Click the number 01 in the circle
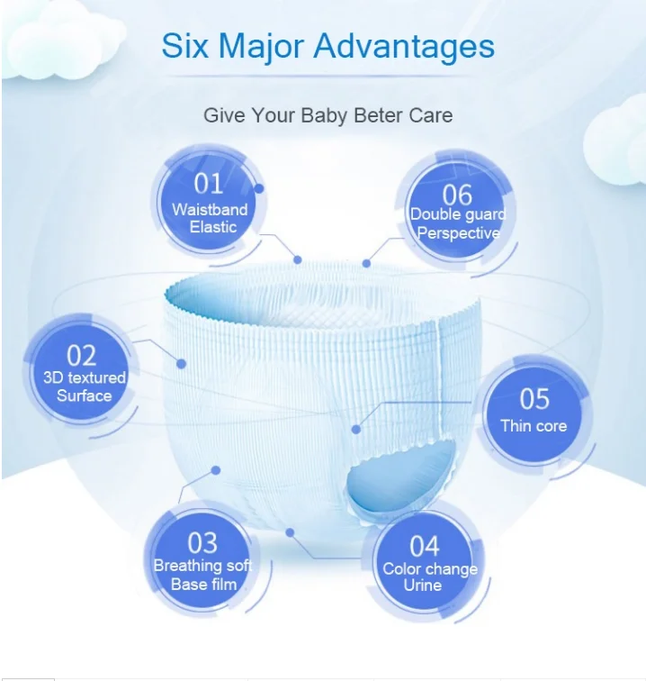[x=209, y=184]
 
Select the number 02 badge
[x=81, y=355]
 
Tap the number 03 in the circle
[x=202, y=542]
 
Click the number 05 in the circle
[x=534, y=398]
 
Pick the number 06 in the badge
[x=457, y=195]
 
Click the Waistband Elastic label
[x=211, y=218]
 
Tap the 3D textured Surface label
[x=85, y=386]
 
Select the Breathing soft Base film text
[x=202, y=575]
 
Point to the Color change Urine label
[x=428, y=577]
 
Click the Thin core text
[x=534, y=426]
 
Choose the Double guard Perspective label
[x=458, y=223]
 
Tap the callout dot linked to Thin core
[x=356, y=430]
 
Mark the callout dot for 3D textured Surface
[x=181, y=363]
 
